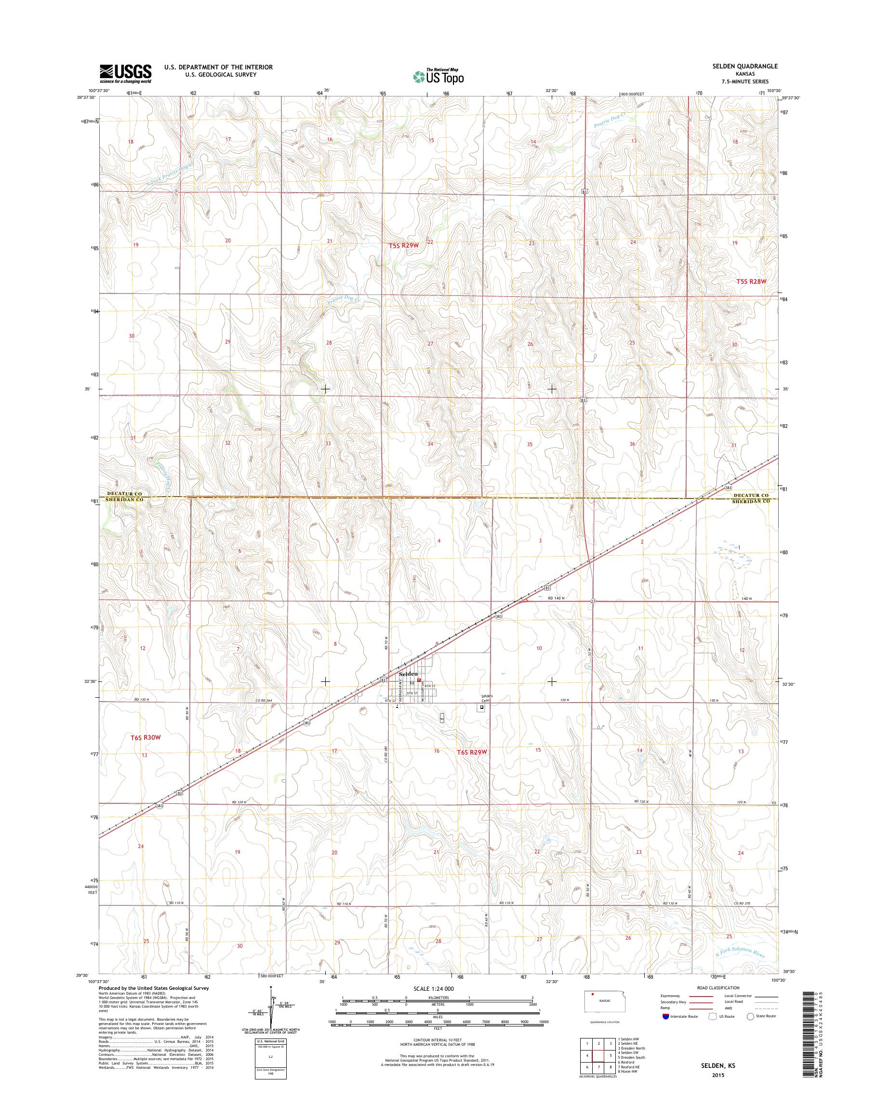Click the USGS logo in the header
(125, 73)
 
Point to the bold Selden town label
(409, 673)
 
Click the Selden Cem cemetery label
(486, 697)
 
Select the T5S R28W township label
(751, 281)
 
